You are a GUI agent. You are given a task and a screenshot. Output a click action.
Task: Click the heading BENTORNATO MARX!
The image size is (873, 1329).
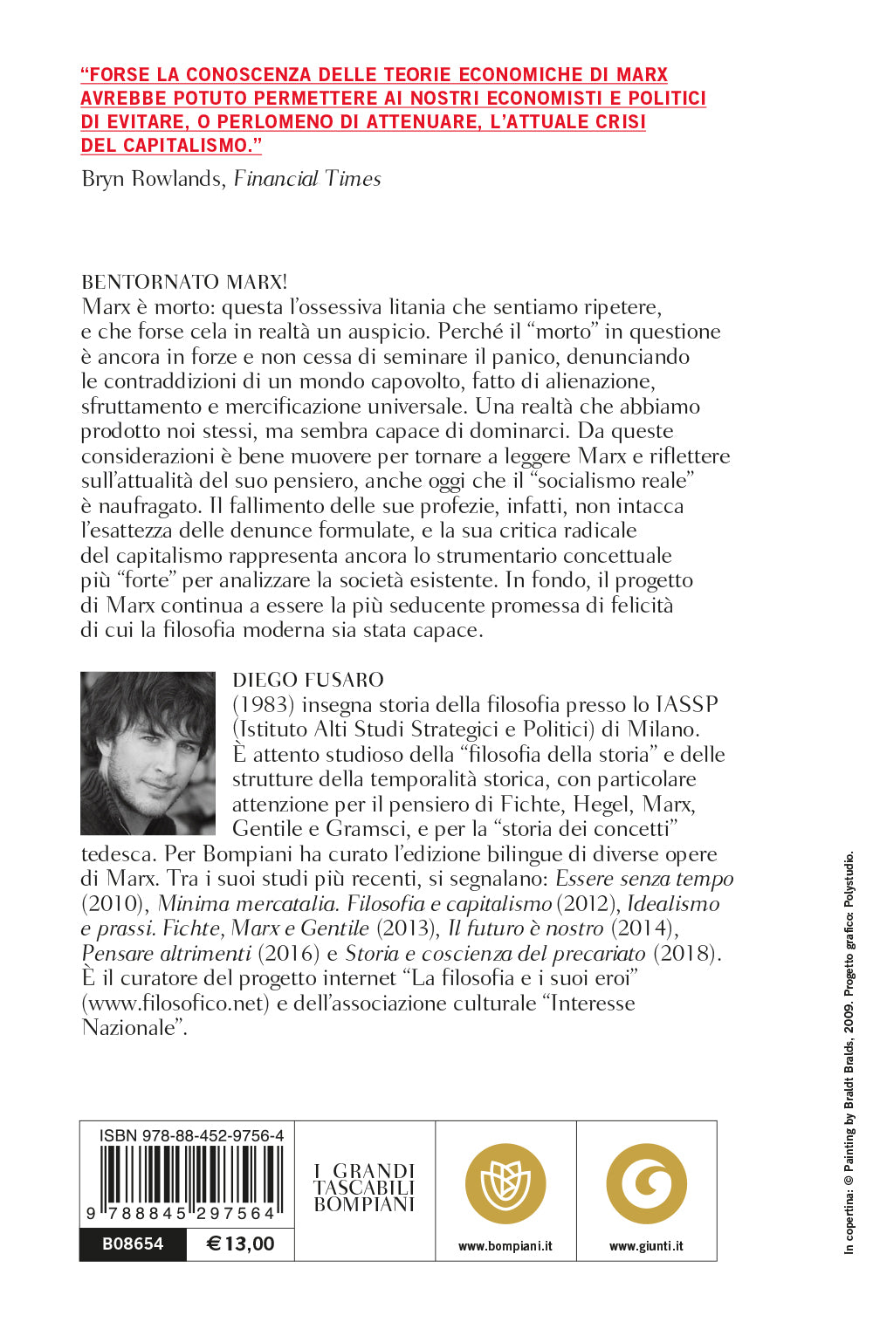pyautogui.click(x=184, y=282)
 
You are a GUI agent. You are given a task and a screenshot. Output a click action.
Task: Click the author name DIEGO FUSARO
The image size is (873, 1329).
pyautogui.click(x=308, y=680)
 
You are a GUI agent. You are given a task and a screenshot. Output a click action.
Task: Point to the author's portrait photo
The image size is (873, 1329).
pyautogui.click(x=148, y=753)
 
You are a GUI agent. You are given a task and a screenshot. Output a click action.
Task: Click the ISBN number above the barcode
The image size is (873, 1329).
pyautogui.click(x=191, y=1135)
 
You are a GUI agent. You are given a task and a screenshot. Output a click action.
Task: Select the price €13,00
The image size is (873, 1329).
pyautogui.click(x=240, y=1243)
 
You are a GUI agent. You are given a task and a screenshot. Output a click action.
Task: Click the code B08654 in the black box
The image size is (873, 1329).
pyautogui.click(x=133, y=1243)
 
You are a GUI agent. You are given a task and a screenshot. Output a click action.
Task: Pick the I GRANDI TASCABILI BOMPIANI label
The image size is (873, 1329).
pyautogui.click(x=364, y=1187)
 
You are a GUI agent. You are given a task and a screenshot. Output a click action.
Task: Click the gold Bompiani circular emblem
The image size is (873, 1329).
pyautogui.click(x=505, y=1184)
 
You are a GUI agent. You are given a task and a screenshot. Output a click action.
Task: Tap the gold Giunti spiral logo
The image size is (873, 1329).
pyautogui.click(x=646, y=1184)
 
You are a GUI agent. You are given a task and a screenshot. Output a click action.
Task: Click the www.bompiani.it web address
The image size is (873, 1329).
pyautogui.click(x=505, y=1246)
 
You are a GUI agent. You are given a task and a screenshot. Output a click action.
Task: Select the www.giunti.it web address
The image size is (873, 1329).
pyautogui.click(x=646, y=1246)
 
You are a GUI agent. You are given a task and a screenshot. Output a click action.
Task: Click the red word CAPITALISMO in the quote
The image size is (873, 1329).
pyautogui.click(x=186, y=146)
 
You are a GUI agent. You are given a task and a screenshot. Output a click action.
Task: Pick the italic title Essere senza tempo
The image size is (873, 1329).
pyautogui.click(x=644, y=879)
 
